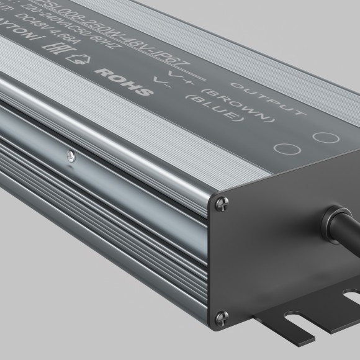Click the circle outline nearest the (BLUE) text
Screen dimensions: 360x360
tap(285, 148)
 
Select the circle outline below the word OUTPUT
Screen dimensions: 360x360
tap(323, 135)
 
